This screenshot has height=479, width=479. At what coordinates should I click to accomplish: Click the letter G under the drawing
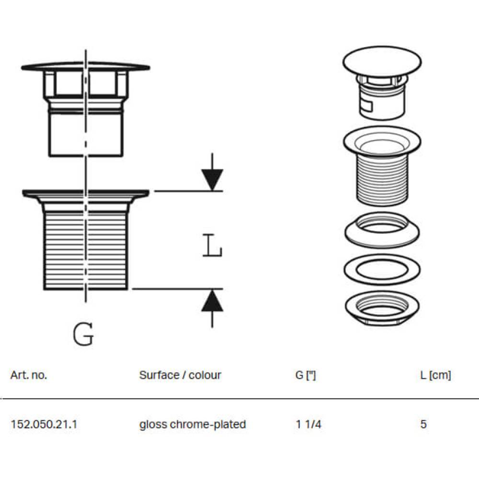(x=83, y=334)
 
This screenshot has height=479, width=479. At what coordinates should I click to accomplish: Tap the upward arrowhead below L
(x=212, y=301)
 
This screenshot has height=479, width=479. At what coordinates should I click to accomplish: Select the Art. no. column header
(x=29, y=375)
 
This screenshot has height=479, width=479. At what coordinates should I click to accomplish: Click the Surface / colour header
(x=180, y=375)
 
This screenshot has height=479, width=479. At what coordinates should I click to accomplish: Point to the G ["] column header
(x=306, y=375)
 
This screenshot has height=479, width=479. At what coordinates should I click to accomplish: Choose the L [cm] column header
(x=435, y=375)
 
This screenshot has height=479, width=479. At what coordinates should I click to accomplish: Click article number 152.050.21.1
(x=44, y=424)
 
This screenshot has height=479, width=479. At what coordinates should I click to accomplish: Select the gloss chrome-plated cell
(x=193, y=424)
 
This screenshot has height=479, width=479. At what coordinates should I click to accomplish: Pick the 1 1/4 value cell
(x=308, y=424)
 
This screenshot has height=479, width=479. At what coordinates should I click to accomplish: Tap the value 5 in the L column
(x=423, y=424)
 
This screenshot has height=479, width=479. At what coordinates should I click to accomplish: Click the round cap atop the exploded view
(x=382, y=61)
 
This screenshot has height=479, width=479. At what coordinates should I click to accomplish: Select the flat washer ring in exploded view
(x=382, y=269)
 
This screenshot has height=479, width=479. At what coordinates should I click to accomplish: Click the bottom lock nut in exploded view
(x=382, y=309)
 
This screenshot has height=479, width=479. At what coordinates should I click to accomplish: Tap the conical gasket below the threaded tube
(x=382, y=230)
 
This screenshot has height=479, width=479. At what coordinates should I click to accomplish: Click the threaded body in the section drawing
(x=86, y=249)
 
